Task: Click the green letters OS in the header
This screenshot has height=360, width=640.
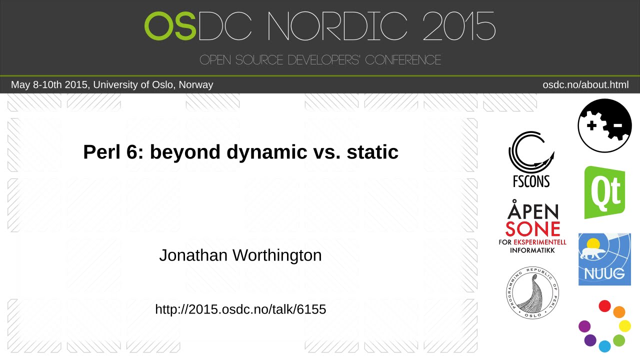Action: coord(170,26)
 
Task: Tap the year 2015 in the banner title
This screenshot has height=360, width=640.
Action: coord(458,26)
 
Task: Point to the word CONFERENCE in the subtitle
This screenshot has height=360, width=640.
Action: coord(403,60)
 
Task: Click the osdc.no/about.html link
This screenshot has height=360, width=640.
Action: coord(585,85)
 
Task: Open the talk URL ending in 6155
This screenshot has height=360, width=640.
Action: coord(240,309)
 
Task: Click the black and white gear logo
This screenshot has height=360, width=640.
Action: coord(604,125)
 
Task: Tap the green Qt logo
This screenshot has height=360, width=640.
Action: coord(604,192)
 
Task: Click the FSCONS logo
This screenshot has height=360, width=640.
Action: coord(531,159)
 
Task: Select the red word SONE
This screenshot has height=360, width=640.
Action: coord(532,229)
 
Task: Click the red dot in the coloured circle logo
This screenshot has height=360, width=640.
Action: coord(605,306)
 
